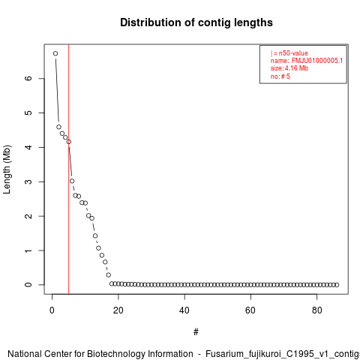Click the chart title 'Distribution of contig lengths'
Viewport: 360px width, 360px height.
click(196, 22)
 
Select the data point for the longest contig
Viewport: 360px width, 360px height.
click(55, 53)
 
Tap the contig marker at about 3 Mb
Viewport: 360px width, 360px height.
click(72, 181)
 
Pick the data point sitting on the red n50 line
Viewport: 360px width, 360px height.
click(69, 142)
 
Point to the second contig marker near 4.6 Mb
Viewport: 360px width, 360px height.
click(58, 127)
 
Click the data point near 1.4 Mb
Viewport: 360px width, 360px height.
click(95, 235)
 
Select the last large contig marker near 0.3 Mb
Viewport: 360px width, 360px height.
click(109, 275)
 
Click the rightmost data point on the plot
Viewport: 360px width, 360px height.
click(337, 285)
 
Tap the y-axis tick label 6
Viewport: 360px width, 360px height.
click(28, 78)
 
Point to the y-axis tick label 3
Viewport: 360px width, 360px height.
click(28, 181)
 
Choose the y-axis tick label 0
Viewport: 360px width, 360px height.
click(28, 285)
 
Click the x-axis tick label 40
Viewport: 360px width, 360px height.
click(184, 310)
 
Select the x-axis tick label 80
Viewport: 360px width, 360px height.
click(316, 310)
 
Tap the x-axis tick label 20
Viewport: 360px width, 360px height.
click(118, 310)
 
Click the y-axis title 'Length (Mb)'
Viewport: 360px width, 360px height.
click(7, 169)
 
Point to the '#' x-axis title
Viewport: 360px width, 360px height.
click(196, 332)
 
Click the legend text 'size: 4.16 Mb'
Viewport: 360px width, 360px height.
click(289, 68)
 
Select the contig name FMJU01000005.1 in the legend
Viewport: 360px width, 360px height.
click(317, 61)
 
